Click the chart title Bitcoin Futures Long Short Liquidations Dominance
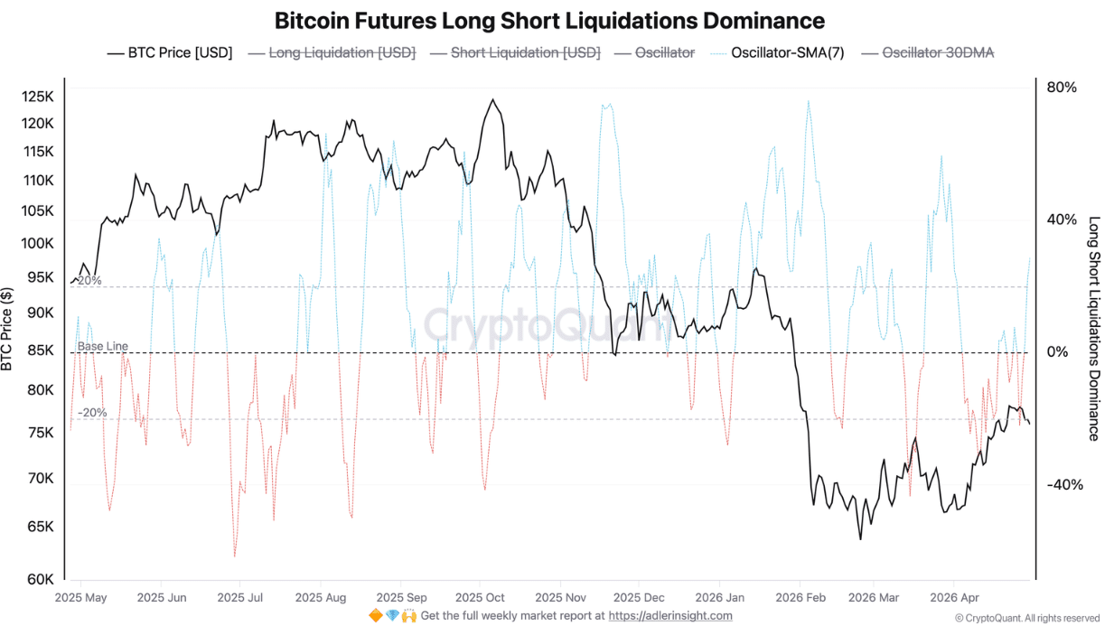click(x=549, y=21)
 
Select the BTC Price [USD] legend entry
click(x=170, y=53)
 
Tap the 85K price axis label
click(x=39, y=351)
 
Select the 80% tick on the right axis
click(x=1062, y=88)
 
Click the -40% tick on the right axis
click(x=1064, y=485)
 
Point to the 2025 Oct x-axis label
click(x=480, y=598)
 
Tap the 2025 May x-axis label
click(x=80, y=598)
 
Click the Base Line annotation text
click(x=102, y=346)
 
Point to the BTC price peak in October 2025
click(x=492, y=99)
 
